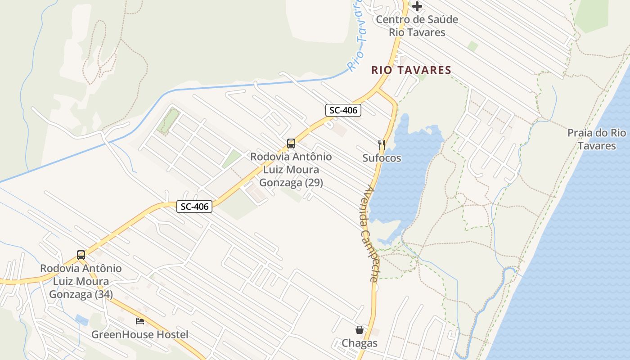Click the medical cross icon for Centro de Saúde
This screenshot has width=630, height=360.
(x=417, y=6)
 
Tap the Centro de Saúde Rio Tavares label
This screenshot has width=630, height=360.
(x=417, y=26)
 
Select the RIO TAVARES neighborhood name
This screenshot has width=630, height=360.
(x=411, y=70)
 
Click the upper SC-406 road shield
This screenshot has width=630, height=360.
(x=343, y=110)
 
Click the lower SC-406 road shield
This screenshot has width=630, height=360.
(x=194, y=207)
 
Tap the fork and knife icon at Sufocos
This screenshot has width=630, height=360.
(x=382, y=144)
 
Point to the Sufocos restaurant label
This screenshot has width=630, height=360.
(x=382, y=158)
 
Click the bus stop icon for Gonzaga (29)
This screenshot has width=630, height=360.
(x=291, y=144)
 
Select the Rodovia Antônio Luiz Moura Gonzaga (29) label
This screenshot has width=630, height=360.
(x=291, y=170)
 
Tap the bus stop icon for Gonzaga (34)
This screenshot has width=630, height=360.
(x=81, y=255)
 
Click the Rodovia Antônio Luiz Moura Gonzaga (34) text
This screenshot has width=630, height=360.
(x=81, y=281)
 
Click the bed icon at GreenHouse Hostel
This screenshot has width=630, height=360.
(x=140, y=321)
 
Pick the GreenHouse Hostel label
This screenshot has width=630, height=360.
(x=140, y=335)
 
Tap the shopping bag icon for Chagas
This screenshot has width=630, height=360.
(x=360, y=330)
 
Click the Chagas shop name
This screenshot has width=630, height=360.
(x=360, y=343)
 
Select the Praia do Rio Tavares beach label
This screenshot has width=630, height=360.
(x=596, y=139)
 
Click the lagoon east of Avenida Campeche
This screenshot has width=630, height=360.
(x=405, y=175)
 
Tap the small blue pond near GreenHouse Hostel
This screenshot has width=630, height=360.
(x=82, y=320)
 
